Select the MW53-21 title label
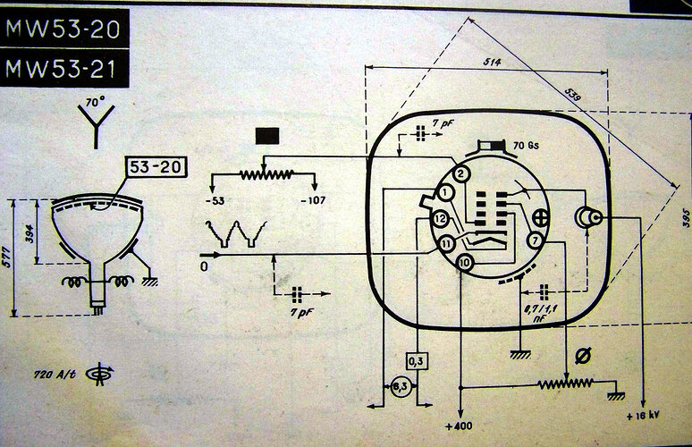[x=63, y=68]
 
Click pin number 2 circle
[x=460, y=173]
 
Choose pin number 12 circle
[x=440, y=218]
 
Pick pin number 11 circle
[x=446, y=242]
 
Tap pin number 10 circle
[x=464, y=262]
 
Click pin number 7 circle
[x=533, y=240]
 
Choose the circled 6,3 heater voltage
[x=402, y=386]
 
